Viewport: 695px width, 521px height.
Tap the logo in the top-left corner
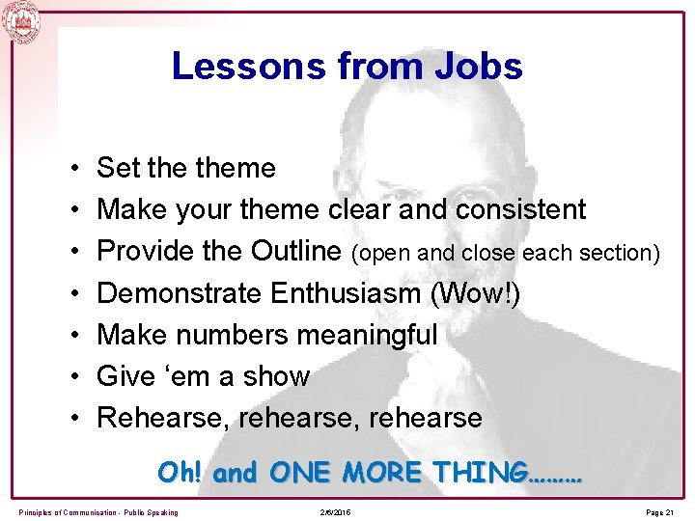22,22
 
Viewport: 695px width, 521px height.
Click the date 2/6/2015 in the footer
333,510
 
